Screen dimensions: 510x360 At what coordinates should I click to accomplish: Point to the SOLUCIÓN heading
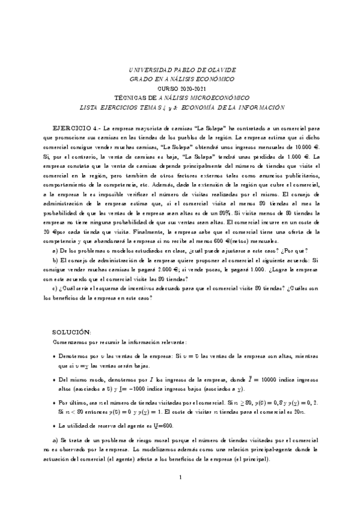(72, 332)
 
